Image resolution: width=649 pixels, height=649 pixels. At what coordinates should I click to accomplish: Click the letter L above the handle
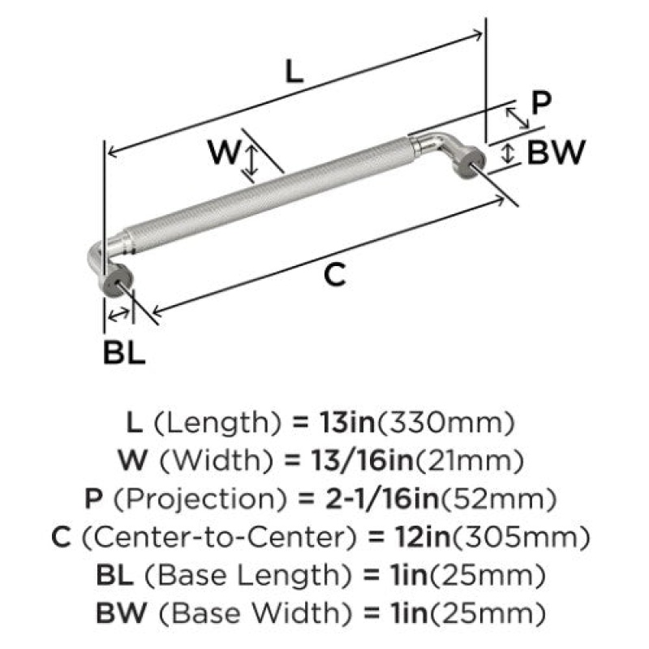pyautogui.click(x=294, y=71)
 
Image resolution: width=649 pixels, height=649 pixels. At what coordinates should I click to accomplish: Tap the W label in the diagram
pyautogui.click(x=224, y=152)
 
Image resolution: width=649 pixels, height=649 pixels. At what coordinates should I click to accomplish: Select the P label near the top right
pyautogui.click(x=541, y=103)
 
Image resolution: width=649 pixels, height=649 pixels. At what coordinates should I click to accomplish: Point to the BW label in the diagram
pyautogui.click(x=556, y=153)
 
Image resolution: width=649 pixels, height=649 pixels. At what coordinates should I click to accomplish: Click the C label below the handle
pyautogui.click(x=334, y=275)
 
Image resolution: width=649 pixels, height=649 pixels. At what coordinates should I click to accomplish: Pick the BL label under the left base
pyautogui.click(x=124, y=353)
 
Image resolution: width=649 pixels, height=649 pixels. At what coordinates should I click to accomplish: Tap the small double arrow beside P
pyautogui.click(x=517, y=118)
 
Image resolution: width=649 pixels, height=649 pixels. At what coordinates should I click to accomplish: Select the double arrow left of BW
pyautogui.click(x=508, y=153)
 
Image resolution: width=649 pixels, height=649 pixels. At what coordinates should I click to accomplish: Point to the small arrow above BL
pyautogui.click(x=118, y=315)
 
